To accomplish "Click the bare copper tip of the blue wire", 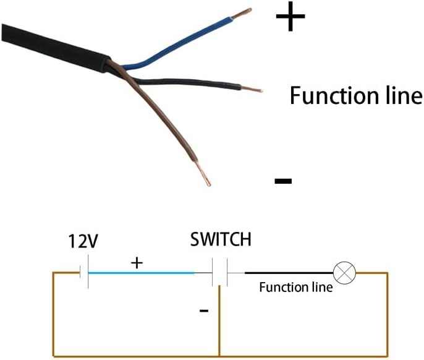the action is click(242, 14).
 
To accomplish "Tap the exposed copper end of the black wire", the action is click(252, 89).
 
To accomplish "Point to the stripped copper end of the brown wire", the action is click(202, 173).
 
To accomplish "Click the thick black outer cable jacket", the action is click(54, 48).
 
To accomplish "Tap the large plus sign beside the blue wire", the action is click(290, 16).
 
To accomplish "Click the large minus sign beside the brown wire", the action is click(283, 181).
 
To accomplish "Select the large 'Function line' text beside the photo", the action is click(355, 95).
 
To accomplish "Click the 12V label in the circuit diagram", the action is click(83, 241).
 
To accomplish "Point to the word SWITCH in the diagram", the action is click(221, 239).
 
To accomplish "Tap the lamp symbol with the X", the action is click(344, 273).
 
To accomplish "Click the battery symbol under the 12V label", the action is click(84, 272).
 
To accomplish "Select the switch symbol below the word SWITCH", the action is click(220, 272).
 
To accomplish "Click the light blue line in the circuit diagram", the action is click(142, 273).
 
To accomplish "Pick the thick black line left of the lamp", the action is click(289, 273).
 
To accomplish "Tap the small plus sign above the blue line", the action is click(137, 263).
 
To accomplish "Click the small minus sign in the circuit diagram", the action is click(204, 311).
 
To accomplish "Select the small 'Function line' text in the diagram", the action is click(296, 287).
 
